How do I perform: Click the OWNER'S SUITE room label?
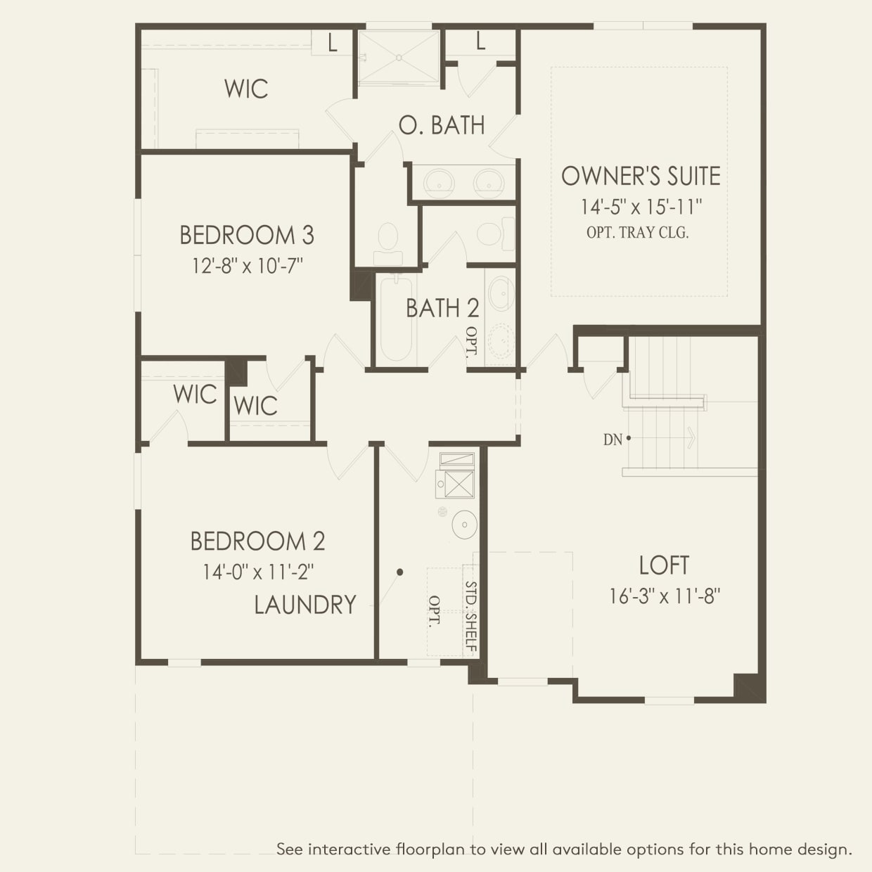(641, 176)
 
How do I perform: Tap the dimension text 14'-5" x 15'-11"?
(641, 207)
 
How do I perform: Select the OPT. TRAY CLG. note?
(637, 233)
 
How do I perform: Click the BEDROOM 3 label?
(246, 235)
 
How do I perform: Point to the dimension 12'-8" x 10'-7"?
(248, 266)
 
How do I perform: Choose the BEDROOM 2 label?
(257, 541)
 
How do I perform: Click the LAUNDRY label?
(304, 605)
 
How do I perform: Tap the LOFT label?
(664, 565)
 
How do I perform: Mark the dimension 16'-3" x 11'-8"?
(665, 596)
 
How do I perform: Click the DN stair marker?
(613, 440)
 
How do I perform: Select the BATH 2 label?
(442, 308)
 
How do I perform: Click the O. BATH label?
(442, 125)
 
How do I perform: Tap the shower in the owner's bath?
(399, 56)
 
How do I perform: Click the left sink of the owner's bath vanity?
(438, 182)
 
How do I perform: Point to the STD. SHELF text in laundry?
(471, 616)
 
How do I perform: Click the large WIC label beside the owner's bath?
(246, 89)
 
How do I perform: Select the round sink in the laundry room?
(464, 525)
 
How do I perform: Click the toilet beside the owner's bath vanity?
(387, 239)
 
